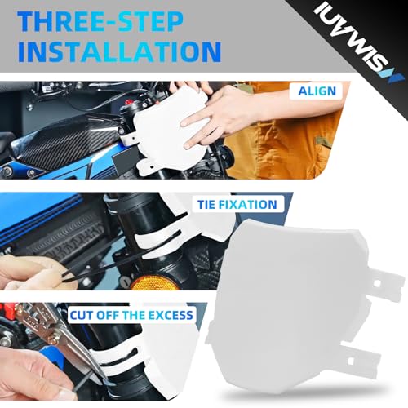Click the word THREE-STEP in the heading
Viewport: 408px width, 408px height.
(100, 22)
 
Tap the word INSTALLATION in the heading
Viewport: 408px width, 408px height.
(119, 51)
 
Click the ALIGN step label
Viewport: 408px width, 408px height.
(317, 91)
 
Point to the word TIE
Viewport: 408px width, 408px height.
(206, 205)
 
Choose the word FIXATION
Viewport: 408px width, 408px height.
(248, 205)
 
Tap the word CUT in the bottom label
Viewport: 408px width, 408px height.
(81, 316)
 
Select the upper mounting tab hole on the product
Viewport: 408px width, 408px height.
(377, 284)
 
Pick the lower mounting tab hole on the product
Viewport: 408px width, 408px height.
(350, 361)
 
